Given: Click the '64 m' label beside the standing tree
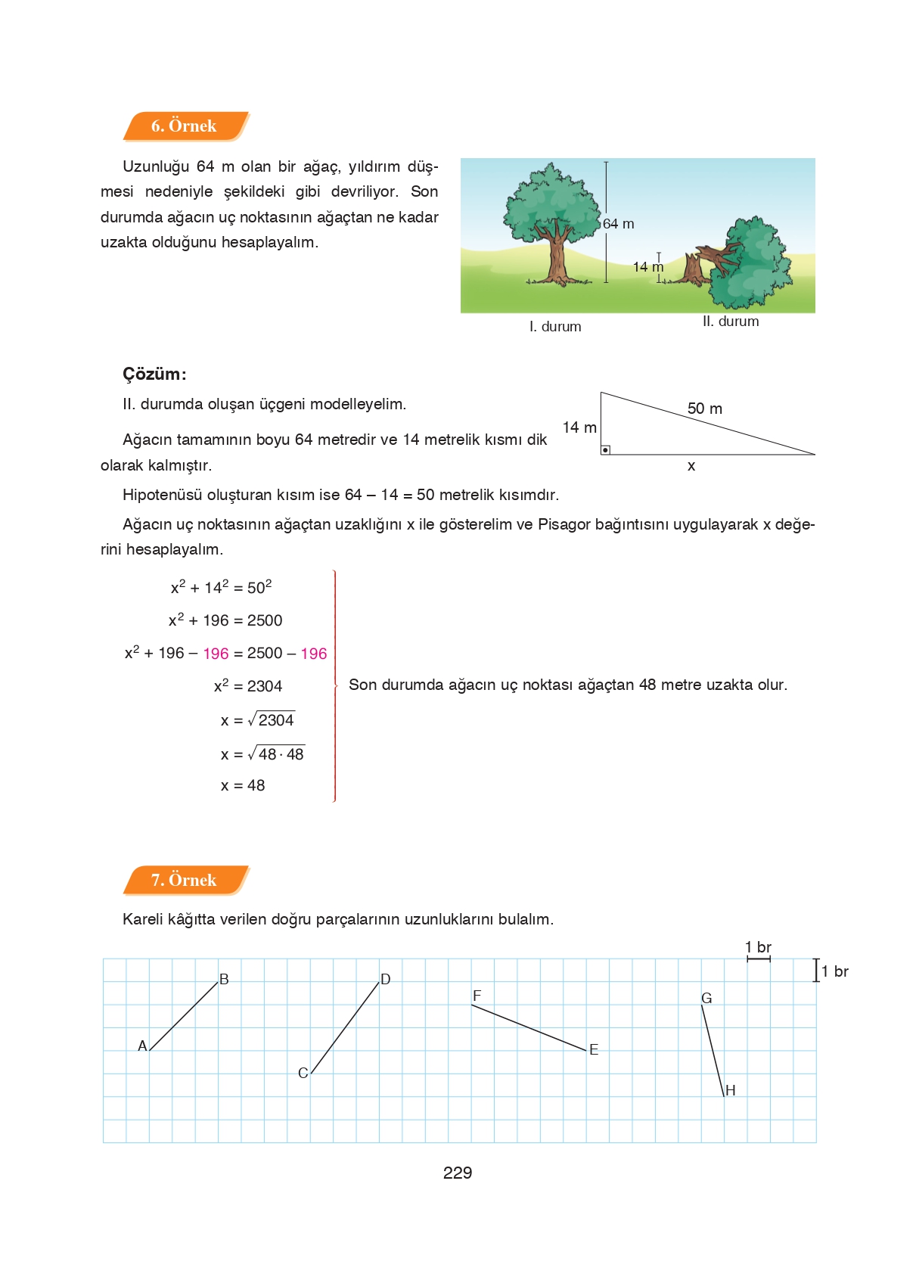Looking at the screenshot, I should point(619,224).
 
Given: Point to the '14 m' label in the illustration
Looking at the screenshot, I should point(647,267).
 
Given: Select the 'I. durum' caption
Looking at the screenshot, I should point(555,327).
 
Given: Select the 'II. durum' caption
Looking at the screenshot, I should point(730,322).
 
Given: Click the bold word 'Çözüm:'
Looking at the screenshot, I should point(154,374).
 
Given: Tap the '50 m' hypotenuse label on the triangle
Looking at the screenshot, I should point(704,409).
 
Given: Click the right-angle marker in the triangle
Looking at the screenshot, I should point(605,450).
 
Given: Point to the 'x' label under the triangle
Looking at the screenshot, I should point(691,466).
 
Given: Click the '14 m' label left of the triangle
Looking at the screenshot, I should point(579,427).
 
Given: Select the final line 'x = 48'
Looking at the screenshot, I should point(243,785).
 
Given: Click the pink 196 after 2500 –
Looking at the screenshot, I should point(313,654).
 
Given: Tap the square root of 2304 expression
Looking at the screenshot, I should point(272,720).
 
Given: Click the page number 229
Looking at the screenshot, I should point(458,1173).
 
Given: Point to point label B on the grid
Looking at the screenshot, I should point(224,980).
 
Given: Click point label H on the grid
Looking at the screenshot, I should point(730,1090).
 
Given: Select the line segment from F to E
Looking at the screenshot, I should point(529,1027).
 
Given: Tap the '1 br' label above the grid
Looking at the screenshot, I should point(758,947).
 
